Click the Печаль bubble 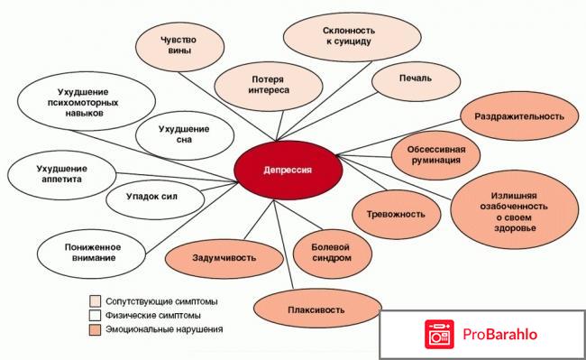pos(416,78)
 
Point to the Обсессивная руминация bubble pos(435,153)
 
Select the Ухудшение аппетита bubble pos(60,173)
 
